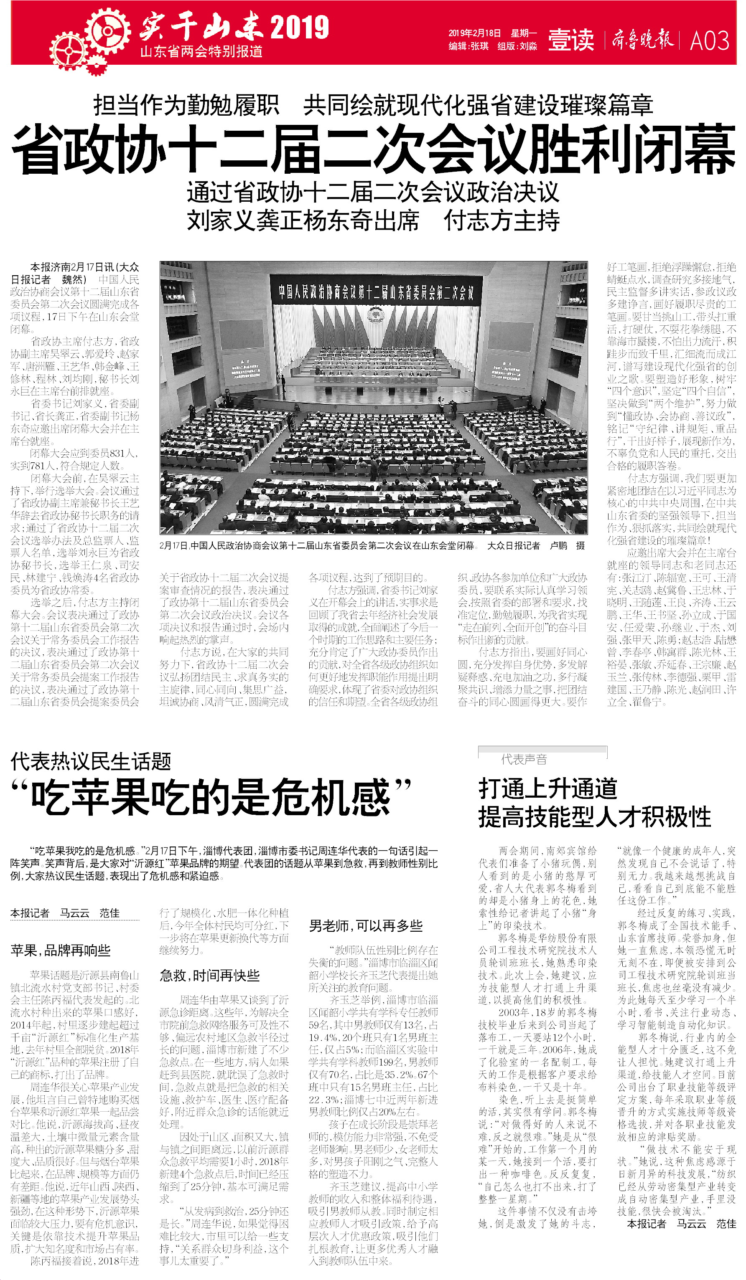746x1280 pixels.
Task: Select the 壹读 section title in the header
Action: (571, 40)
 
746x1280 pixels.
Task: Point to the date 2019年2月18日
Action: (474, 33)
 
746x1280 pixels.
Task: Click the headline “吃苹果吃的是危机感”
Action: (211, 796)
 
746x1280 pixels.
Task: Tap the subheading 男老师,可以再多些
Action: (365, 925)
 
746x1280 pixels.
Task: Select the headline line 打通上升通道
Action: (547, 789)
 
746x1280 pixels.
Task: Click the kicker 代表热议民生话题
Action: (91, 761)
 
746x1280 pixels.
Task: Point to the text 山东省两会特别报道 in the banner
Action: (201, 52)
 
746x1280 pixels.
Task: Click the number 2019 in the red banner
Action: (299, 28)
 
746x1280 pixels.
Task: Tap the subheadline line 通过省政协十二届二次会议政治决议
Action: (373, 193)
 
